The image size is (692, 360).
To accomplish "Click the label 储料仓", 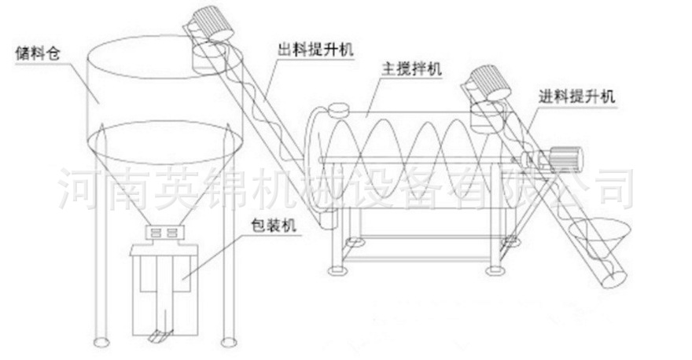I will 39,55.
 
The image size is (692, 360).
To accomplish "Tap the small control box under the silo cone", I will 163,232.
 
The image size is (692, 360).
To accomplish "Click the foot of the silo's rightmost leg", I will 229,341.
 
